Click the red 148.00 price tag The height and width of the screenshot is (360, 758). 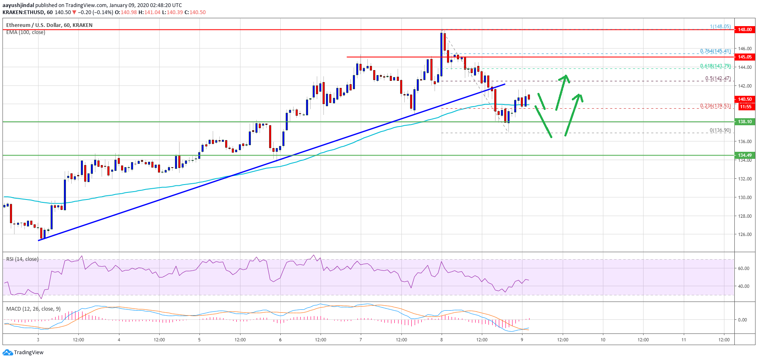tap(744, 29)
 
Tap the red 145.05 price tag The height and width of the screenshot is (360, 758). tap(744, 57)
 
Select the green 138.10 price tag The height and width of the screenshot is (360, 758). tap(744, 122)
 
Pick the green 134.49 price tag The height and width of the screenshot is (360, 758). tap(744, 155)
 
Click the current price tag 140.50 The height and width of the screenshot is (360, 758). tap(744, 99)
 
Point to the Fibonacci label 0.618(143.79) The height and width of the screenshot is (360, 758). tap(715, 66)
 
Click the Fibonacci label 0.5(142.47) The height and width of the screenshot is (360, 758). tap(718, 78)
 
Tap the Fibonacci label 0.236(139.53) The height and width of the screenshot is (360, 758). tap(715, 106)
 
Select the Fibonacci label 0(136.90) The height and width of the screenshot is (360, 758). tap(720, 130)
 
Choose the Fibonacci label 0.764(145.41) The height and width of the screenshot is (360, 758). tap(715, 51)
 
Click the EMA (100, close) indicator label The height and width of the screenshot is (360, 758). tap(26, 32)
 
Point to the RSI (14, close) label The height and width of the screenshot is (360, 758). tap(22, 259)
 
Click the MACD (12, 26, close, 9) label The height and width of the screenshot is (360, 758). tap(33, 309)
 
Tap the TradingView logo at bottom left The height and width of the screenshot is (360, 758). tap(23, 353)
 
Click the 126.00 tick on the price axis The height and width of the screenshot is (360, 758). tap(745, 234)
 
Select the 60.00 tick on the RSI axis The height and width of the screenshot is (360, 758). tap(743, 268)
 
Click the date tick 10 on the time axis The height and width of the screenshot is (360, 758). tap(603, 340)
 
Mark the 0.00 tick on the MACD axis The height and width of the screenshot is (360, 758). tap(742, 320)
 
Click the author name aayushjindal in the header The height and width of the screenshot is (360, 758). tap(18, 5)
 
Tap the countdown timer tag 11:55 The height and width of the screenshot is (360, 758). tap(746, 107)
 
